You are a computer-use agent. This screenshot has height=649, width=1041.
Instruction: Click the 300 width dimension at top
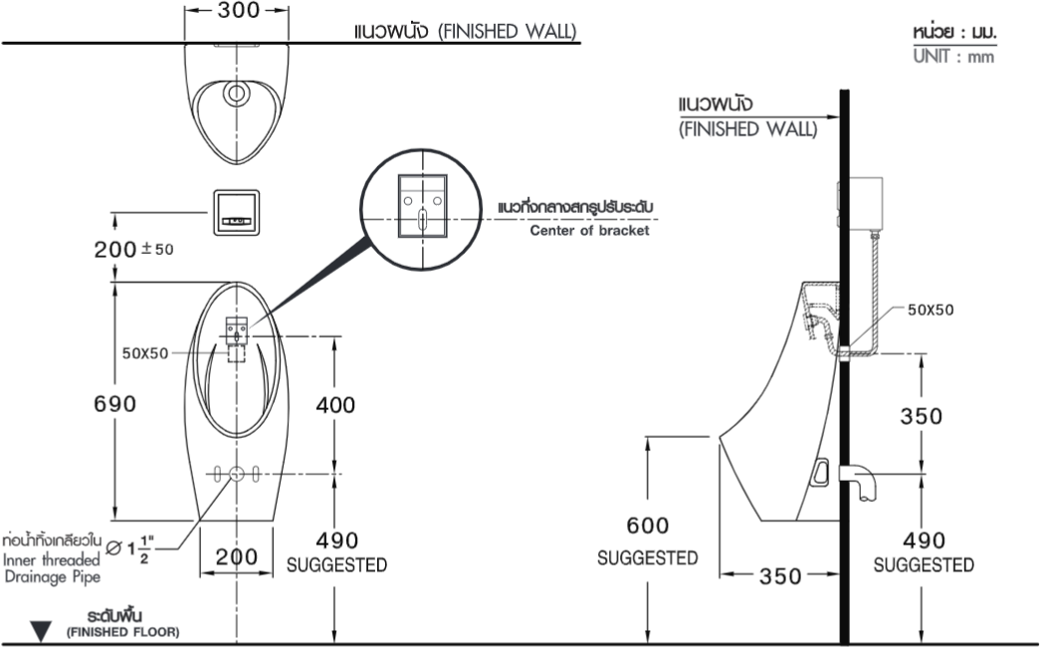click(x=238, y=11)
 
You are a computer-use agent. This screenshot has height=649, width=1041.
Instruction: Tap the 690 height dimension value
click(x=114, y=403)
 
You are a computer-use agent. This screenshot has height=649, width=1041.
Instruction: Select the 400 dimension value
click(x=335, y=404)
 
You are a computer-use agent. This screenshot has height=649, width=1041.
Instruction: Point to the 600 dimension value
click(x=647, y=526)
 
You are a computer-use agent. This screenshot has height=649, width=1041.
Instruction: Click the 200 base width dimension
click(x=236, y=556)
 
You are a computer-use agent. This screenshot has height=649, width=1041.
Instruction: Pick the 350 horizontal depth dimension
click(x=780, y=576)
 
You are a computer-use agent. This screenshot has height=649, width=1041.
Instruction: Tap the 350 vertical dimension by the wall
click(x=921, y=416)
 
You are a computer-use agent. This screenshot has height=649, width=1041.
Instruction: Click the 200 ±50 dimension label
click(x=133, y=249)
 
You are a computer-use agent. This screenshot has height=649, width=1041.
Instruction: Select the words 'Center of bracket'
click(x=589, y=231)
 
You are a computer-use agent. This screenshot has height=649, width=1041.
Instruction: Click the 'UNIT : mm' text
click(x=953, y=57)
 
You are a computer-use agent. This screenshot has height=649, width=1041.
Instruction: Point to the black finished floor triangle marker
click(x=41, y=631)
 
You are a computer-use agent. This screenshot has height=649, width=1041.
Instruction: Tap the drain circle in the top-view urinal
click(x=236, y=94)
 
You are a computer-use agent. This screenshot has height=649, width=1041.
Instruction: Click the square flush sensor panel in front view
click(x=236, y=213)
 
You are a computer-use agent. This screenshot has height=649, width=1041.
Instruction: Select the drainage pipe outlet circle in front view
click(x=236, y=474)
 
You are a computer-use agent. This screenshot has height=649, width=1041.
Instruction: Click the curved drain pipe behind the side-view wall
click(x=861, y=481)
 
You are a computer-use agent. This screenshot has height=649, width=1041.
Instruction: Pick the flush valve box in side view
click(x=861, y=203)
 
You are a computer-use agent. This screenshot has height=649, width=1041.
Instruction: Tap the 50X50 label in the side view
click(x=931, y=310)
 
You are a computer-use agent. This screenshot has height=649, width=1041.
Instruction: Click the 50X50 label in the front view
click(x=145, y=353)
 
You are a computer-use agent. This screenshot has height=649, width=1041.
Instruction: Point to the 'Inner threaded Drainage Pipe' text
click(x=52, y=568)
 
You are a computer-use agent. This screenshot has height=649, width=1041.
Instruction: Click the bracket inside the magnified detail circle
click(x=422, y=206)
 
